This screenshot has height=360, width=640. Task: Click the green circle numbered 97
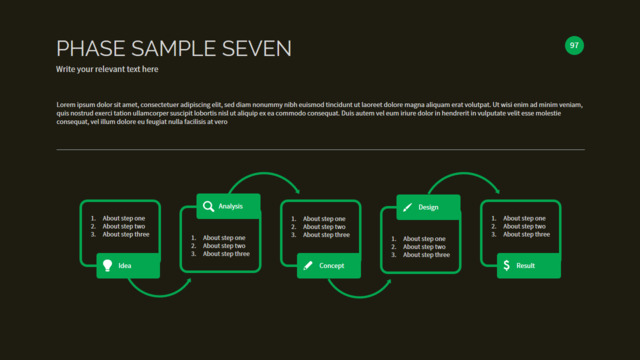(x=574, y=45)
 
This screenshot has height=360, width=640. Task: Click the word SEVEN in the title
(x=257, y=49)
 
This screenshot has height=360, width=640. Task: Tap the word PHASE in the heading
(x=91, y=49)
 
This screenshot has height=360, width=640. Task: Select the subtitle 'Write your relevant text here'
(x=107, y=69)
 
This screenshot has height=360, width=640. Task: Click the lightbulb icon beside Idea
(x=107, y=265)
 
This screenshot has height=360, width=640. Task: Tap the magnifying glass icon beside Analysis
(x=208, y=206)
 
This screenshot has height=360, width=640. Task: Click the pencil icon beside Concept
(x=308, y=266)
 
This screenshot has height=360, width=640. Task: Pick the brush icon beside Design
(x=407, y=207)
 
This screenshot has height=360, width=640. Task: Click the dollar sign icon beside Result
(x=507, y=265)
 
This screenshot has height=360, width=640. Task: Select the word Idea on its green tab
(x=125, y=266)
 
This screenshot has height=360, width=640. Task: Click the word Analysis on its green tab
(x=231, y=206)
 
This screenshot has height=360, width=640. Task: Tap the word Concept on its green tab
(x=331, y=266)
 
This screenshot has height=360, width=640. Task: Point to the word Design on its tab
(x=428, y=207)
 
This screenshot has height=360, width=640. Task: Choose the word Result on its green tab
(x=525, y=266)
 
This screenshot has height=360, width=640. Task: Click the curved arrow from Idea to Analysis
(x=160, y=295)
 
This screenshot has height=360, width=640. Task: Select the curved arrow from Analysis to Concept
(x=264, y=173)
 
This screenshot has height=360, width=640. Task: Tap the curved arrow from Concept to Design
(x=359, y=296)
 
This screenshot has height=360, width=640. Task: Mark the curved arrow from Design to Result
(x=464, y=173)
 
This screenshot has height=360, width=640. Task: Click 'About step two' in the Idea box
(x=124, y=226)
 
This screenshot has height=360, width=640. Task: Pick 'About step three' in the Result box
(x=526, y=234)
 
